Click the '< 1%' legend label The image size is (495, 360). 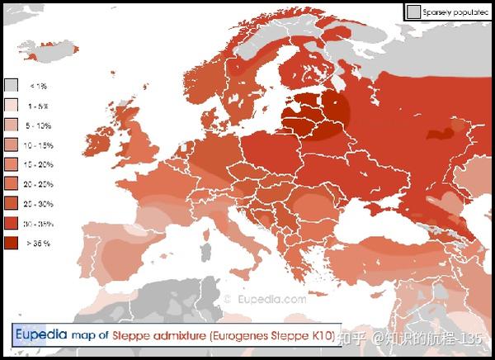38,86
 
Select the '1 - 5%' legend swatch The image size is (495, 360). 12,105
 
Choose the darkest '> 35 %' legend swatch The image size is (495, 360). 12,243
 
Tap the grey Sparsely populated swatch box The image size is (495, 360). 413,12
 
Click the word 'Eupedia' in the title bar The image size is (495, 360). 40,335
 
